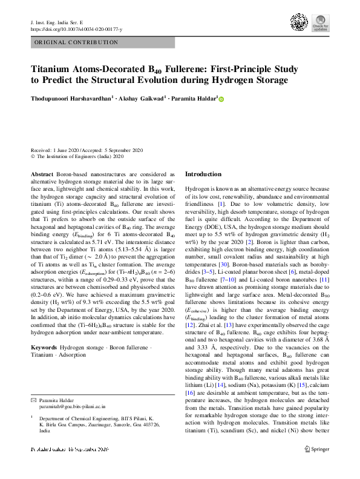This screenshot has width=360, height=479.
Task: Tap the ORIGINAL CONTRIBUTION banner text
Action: (76, 42)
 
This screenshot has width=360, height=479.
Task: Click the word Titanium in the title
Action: (55, 69)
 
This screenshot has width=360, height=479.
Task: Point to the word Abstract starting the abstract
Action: (42, 156)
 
